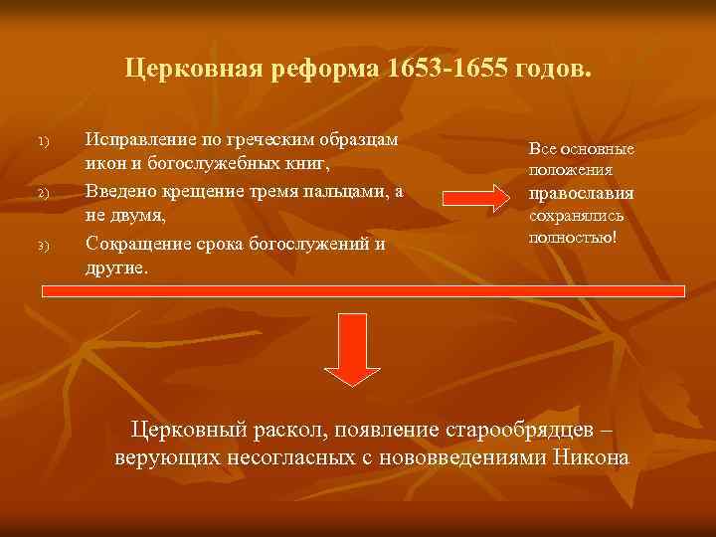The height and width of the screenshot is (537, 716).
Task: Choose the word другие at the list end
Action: click(x=117, y=268)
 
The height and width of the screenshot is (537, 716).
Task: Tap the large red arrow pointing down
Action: click(x=349, y=349)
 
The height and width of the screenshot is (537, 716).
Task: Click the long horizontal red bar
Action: click(x=364, y=291)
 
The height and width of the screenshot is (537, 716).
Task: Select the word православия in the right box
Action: click(x=582, y=194)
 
